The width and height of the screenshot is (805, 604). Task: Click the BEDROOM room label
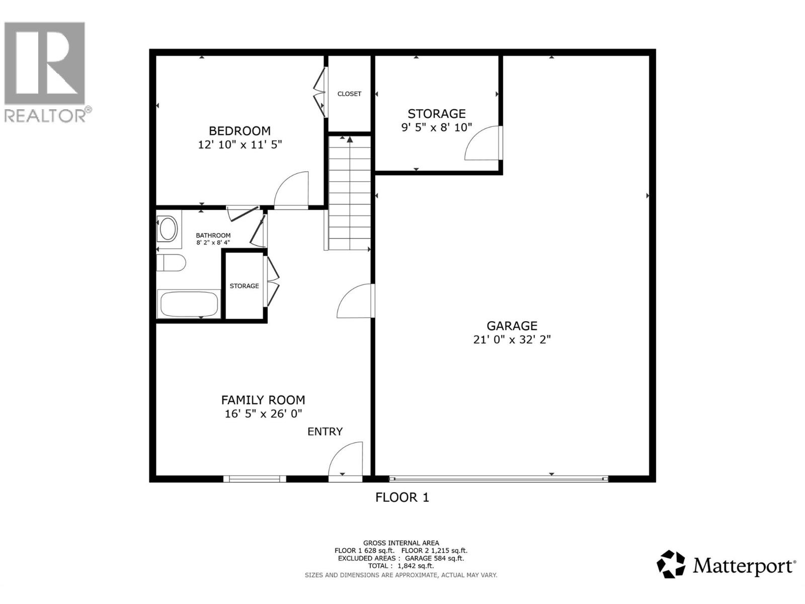pyautogui.click(x=239, y=131)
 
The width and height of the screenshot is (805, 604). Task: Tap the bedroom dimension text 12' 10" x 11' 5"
pyautogui.click(x=239, y=145)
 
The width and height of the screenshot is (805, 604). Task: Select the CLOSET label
pyautogui.click(x=349, y=94)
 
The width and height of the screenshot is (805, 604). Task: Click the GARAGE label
pyautogui.click(x=512, y=326)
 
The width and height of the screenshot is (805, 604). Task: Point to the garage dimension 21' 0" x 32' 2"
pyautogui.click(x=512, y=340)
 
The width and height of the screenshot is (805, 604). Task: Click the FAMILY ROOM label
pyautogui.click(x=263, y=400)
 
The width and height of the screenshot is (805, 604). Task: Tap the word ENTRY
pyautogui.click(x=325, y=432)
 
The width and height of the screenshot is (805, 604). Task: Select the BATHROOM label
pyautogui.click(x=213, y=235)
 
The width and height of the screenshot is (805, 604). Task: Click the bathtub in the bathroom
pyautogui.click(x=189, y=304)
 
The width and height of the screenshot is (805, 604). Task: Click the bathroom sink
pyautogui.click(x=168, y=230)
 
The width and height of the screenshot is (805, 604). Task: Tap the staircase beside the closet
pyautogui.click(x=350, y=194)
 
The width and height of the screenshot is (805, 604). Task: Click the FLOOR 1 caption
pyautogui.click(x=402, y=498)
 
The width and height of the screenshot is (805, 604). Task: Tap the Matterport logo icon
pyautogui.click(x=671, y=564)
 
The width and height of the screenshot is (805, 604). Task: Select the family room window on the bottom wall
pyautogui.click(x=255, y=479)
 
